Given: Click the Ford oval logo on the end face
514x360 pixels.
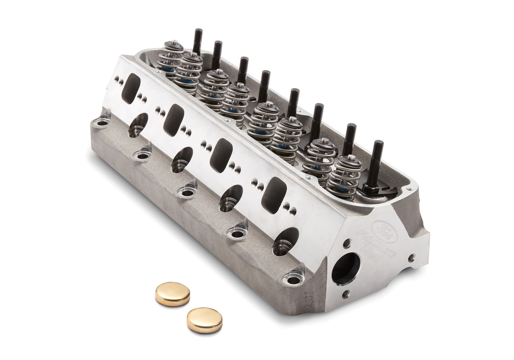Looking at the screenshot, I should pyautogui.click(x=384, y=232).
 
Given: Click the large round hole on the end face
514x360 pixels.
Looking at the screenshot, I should pyautogui.click(x=345, y=269).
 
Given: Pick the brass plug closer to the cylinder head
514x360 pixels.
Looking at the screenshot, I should pyautogui.click(x=172, y=294).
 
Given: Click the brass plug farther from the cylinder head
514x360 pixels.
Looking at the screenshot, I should pyautogui.click(x=204, y=320).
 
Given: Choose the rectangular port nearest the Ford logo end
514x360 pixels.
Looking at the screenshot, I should pyautogui.click(x=274, y=195).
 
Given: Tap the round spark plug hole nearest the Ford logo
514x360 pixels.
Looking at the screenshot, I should pyautogui.click(x=285, y=241).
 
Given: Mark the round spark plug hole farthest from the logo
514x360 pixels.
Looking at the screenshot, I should pyautogui.click(x=138, y=125).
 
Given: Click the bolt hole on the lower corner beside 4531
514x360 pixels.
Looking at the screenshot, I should pyautogui.click(x=293, y=280).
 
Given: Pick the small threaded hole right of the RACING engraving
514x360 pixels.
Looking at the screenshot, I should pyautogui.click(x=411, y=257).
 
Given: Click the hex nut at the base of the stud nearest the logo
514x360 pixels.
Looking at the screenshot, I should pyautogui.click(x=371, y=188).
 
